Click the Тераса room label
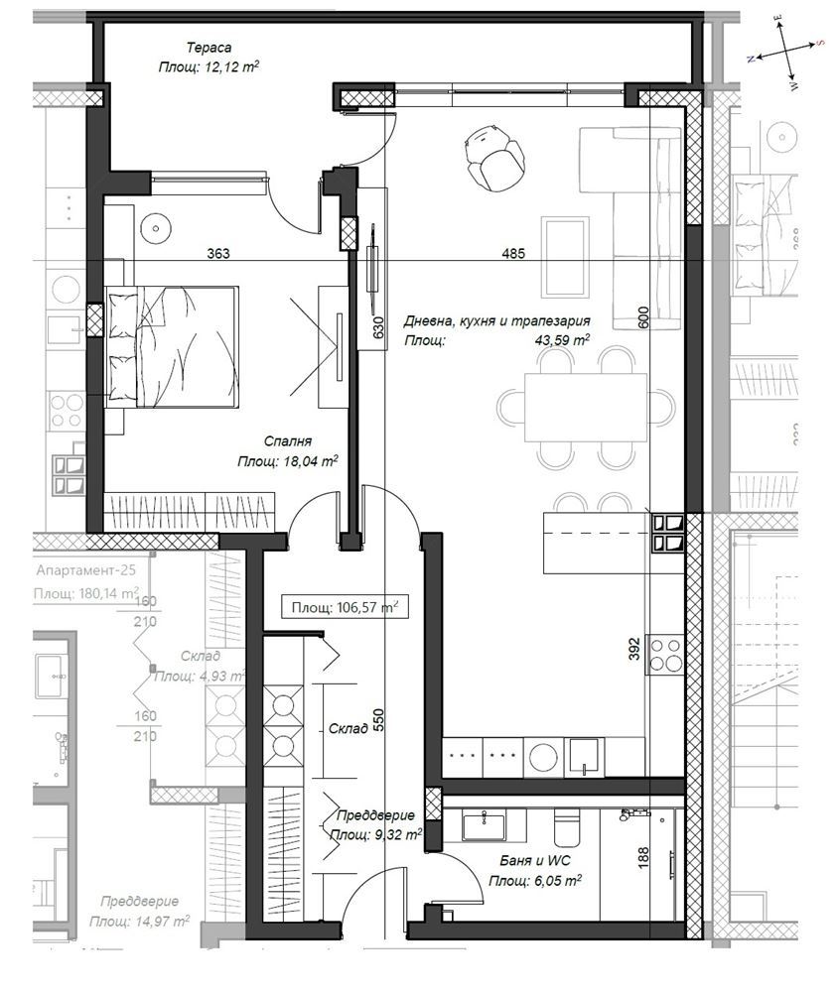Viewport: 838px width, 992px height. click(x=209, y=47)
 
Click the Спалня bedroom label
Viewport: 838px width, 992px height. click(x=289, y=442)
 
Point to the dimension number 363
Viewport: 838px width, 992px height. click(x=218, y=254)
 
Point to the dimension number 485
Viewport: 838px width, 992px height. click(x=513, y=254)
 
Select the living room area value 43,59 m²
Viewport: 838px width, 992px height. click(x=562, y=340)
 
